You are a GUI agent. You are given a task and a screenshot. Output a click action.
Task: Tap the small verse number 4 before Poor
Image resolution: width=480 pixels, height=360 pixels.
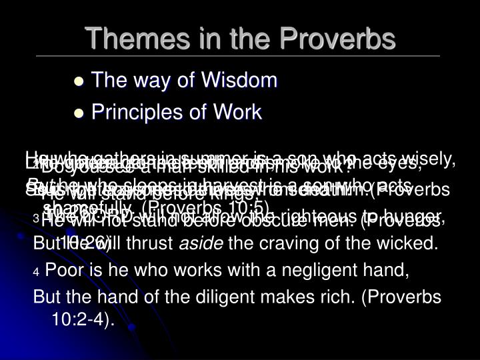[x=36, y=273]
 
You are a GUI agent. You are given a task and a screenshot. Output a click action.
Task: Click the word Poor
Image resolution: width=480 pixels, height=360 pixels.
[x=62, y=271]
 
